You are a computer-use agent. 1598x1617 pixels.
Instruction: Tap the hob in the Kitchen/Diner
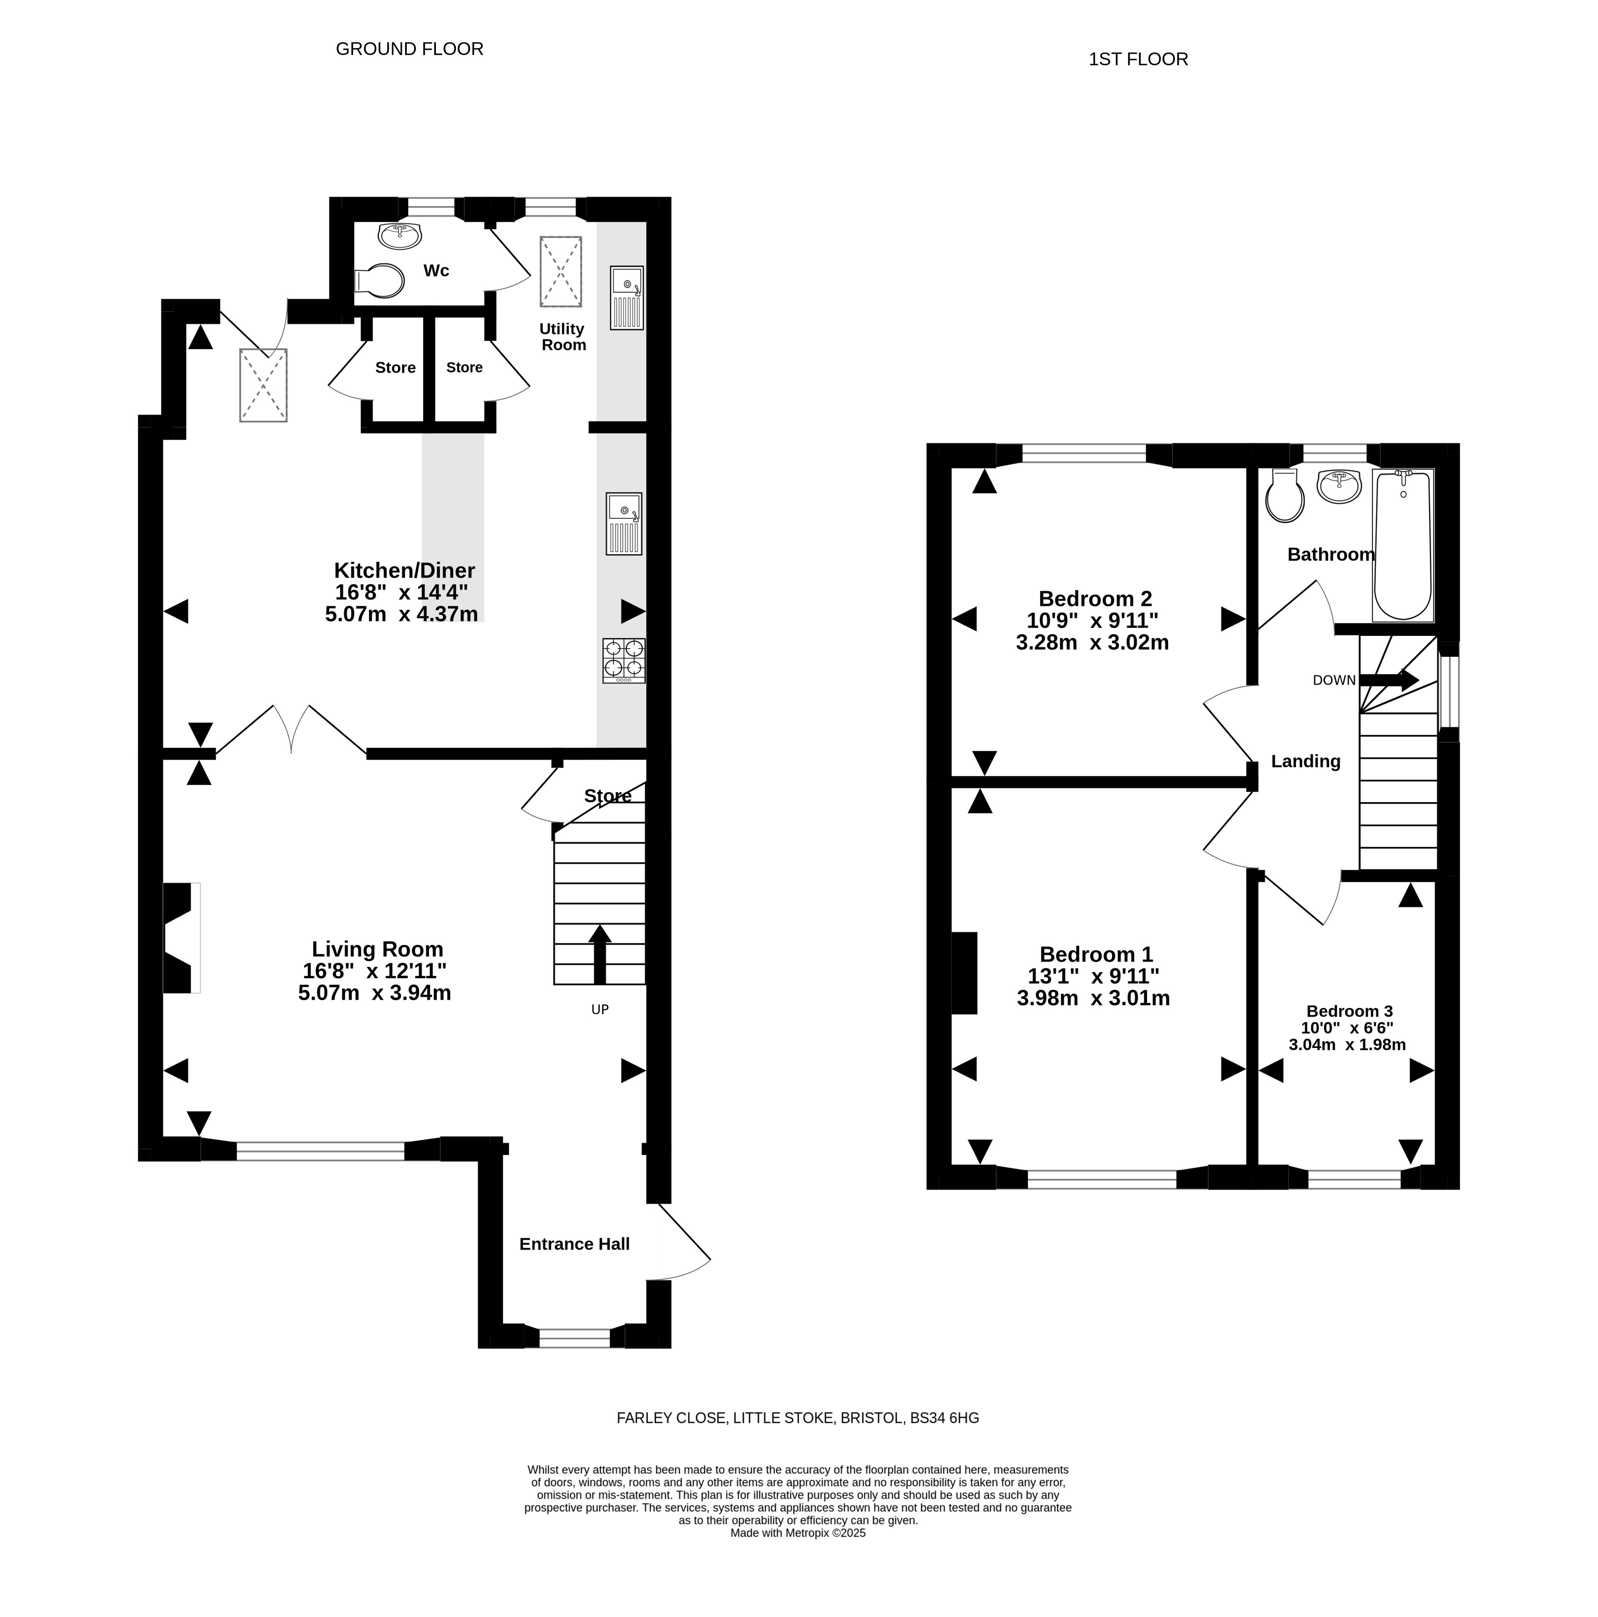[623, 661]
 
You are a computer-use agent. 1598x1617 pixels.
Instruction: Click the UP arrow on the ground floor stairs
[600, 954]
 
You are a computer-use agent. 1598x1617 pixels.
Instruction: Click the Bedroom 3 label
[1350, 1011]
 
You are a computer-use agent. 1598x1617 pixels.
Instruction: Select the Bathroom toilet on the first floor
[1284, 495]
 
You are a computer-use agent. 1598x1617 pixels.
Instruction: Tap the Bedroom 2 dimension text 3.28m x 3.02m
[1092, 643]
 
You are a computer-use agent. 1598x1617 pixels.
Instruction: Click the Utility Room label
[562, 336]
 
